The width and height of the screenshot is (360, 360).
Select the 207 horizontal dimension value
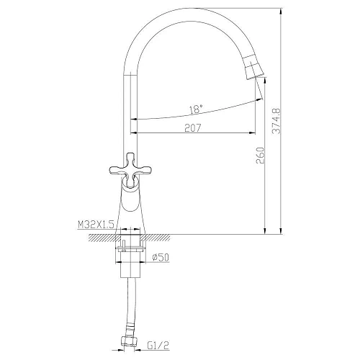pos(192,127)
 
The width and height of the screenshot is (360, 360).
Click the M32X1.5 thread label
pos(96,225)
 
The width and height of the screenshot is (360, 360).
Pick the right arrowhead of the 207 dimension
pos(252,133)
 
